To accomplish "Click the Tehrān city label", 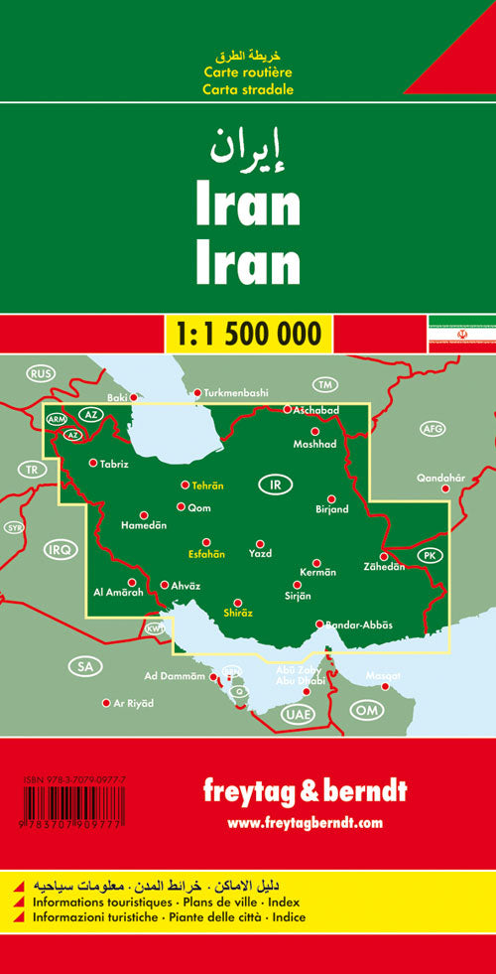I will point(207,486).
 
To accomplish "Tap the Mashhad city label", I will point(315,443).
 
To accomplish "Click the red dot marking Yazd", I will point(259,543).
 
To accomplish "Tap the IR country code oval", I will point(274,486).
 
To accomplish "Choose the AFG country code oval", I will point(434,429).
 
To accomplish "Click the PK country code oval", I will point(430,555).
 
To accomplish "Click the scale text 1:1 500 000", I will point(248,332).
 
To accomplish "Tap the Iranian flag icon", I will point(461,333).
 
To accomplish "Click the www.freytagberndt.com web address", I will point(304,822).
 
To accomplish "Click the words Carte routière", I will point(248,73).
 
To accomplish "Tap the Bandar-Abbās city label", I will point(359,624).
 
